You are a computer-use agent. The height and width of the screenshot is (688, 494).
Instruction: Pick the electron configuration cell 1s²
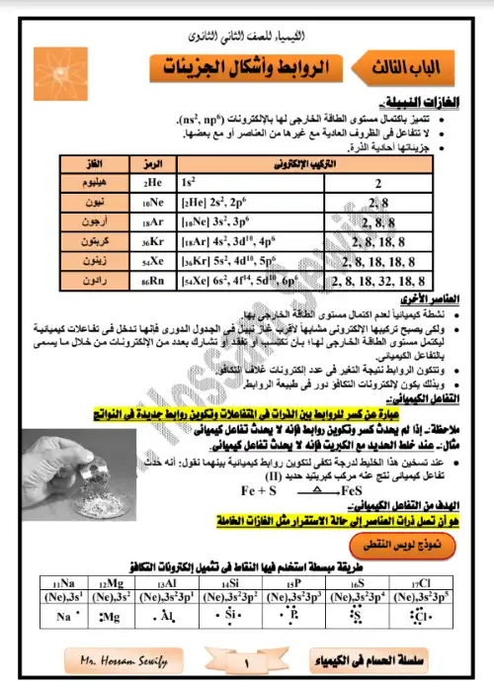(x=188, y=183)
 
